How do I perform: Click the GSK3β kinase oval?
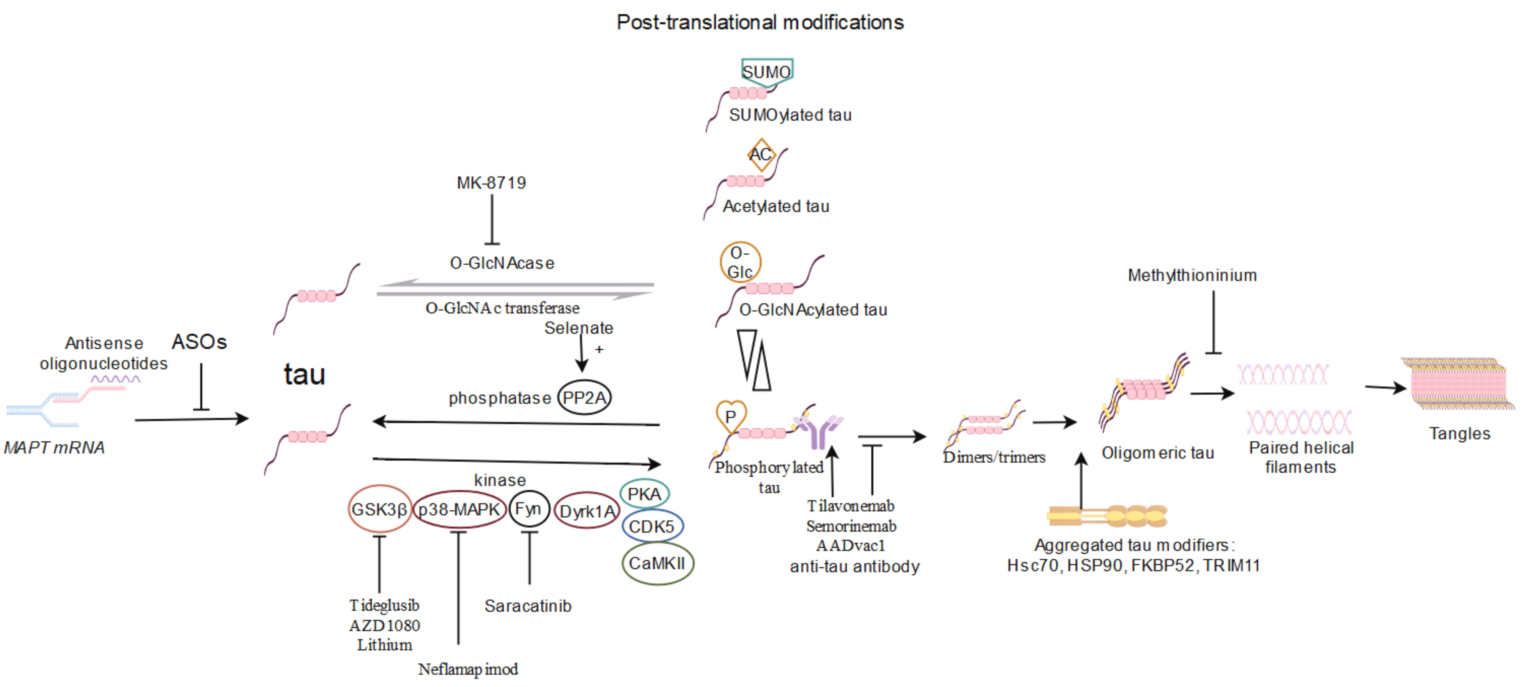(379, 509)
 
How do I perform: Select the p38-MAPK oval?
(459, 509)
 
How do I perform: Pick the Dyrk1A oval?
(586, 511)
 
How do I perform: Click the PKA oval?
(644, 493)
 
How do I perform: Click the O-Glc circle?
(740, 262)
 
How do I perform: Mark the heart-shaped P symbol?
(731, 416)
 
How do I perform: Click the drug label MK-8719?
(491, 183)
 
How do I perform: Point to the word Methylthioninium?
(1192, 275)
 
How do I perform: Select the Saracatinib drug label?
(528, 606)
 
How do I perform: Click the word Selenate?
(579, 328)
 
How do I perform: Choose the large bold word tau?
(305, 375)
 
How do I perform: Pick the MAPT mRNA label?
(54, 447)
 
